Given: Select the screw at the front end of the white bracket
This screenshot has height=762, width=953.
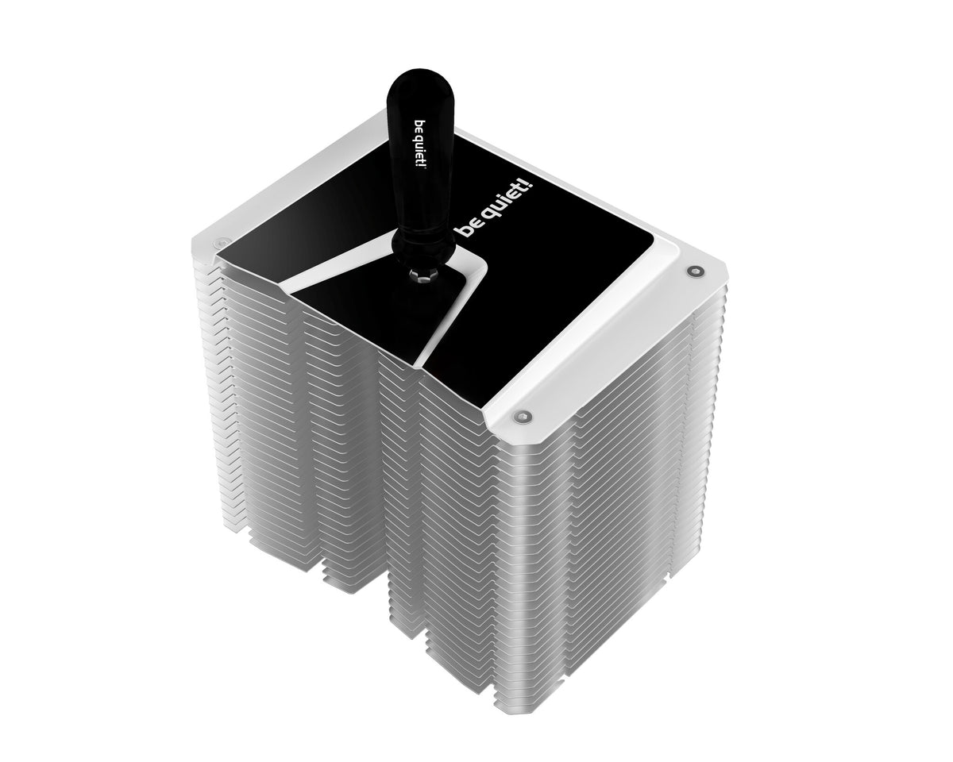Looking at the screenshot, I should pyautogui.click(x=521, y=414).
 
